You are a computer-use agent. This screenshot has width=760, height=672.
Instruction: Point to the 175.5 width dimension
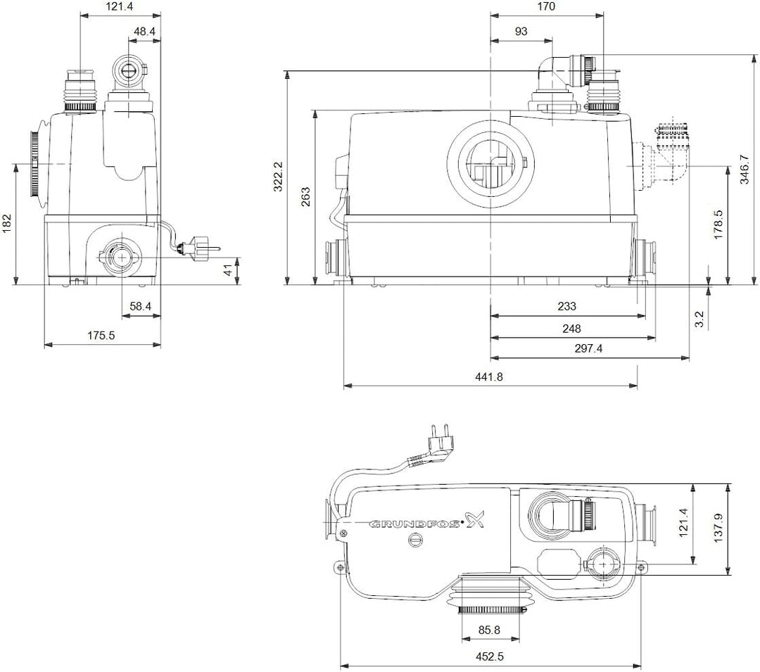[x=101, y=336]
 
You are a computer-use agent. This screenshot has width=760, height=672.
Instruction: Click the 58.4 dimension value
[x=139, y=306]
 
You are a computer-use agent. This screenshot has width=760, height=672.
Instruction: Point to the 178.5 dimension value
[x=718, y=224]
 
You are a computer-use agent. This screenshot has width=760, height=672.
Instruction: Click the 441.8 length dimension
[x=490, y=376]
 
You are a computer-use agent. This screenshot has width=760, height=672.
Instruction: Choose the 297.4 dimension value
[x=588, y=348]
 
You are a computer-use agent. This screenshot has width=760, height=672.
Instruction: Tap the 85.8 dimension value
[x=490, y=630]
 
